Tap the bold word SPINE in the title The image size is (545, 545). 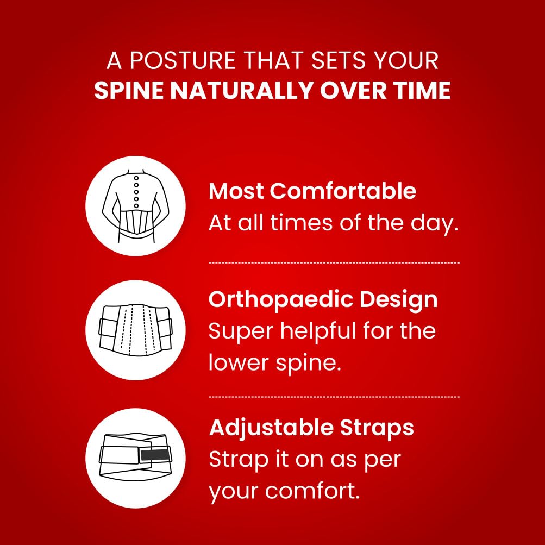[x=129, y=91]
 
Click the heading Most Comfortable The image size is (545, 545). [x=312, y=191]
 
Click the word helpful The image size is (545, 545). [x=319, y=331]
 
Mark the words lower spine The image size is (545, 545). [x=274, y=363]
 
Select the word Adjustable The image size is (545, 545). [x=271, y=428]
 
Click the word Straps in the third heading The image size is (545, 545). [x=377, y=428]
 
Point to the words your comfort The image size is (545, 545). [x=284, y=491]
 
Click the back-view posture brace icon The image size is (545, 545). [x=135, y=206]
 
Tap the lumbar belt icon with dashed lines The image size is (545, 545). [x=135, y=330]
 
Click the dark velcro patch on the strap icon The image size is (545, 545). [x=154, y=455]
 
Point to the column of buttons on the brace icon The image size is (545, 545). [x=136, y=192]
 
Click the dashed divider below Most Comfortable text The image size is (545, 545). [x=334, y=263]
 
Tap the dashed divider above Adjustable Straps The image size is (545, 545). [x=334, y=397]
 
